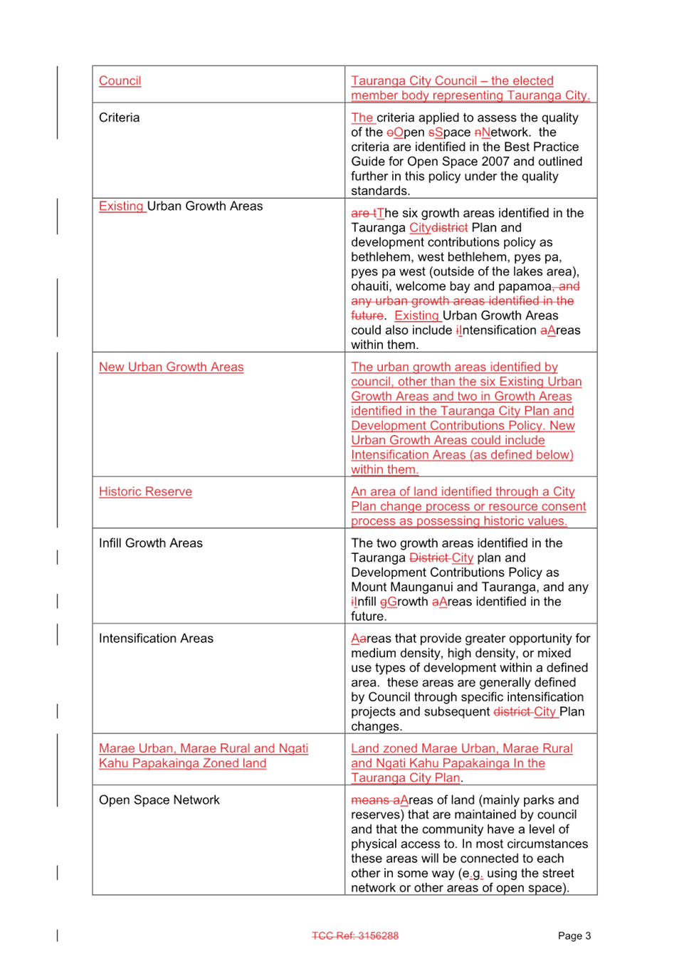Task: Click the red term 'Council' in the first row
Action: (x=120, y=81)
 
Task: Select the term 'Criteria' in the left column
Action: (x=119, y=118)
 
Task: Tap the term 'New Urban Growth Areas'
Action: (x=172, y=367)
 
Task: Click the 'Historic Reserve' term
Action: (x=145, y=492)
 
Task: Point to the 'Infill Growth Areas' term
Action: (x=150, y=543)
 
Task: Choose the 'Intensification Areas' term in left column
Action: (x=156, y=639)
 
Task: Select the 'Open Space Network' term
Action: (x=159, y=800)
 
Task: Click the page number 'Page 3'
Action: (x=574, y=936)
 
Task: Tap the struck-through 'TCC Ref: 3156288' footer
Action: (x=355, y=936)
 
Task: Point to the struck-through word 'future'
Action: (x=367, y=315)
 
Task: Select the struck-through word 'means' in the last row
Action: (x=370, y=800)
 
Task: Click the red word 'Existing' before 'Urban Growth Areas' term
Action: (x=121, y=206)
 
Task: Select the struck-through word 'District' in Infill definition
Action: (x=429, y=558)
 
